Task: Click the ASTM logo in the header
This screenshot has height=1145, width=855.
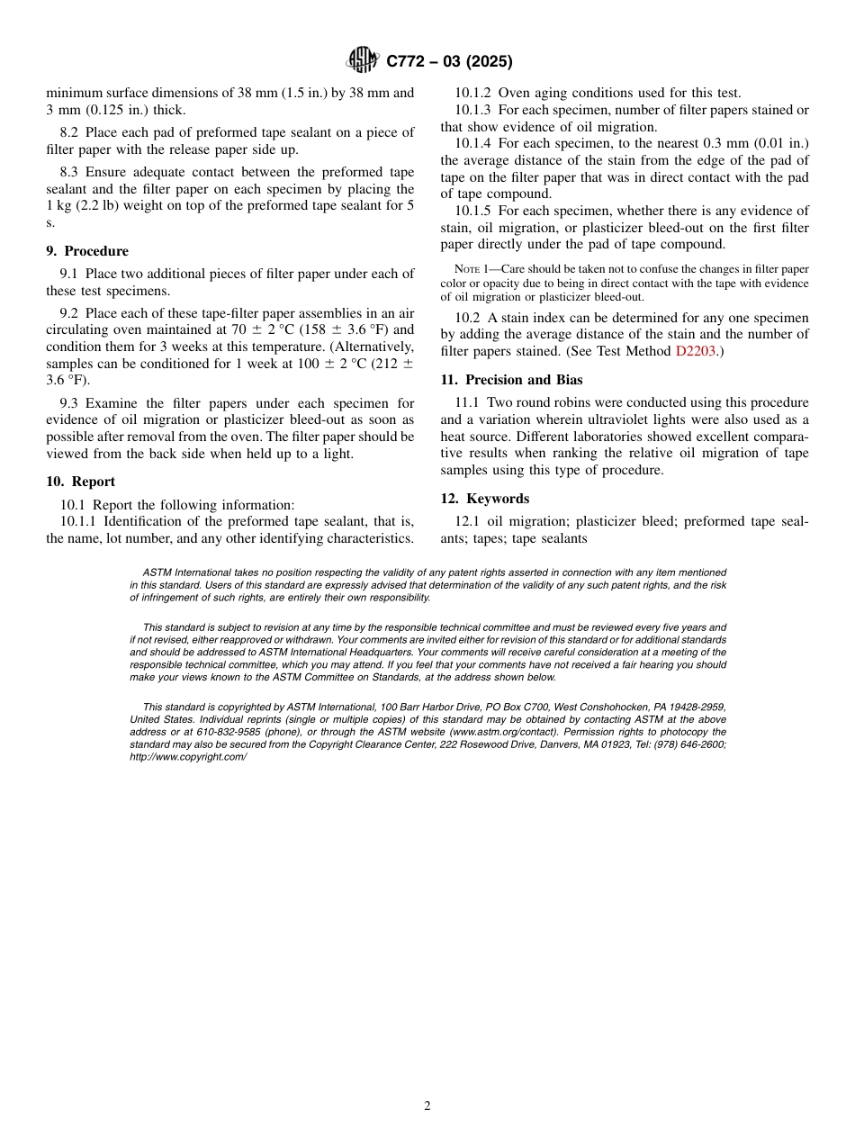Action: coord(363,61)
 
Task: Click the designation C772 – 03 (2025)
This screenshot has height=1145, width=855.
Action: coord(449,62)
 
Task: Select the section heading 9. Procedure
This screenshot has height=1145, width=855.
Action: coord(87,251)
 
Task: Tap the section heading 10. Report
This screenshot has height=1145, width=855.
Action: coord(81,482)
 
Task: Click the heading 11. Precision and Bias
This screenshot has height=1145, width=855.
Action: coord(511,380)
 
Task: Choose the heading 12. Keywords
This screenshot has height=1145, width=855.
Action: coord(485,499)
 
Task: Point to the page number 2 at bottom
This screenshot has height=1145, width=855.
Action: coord(427,1106)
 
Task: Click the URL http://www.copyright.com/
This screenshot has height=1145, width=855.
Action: coord(188,757)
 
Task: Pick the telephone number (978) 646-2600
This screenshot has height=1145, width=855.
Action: coord(688,744)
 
